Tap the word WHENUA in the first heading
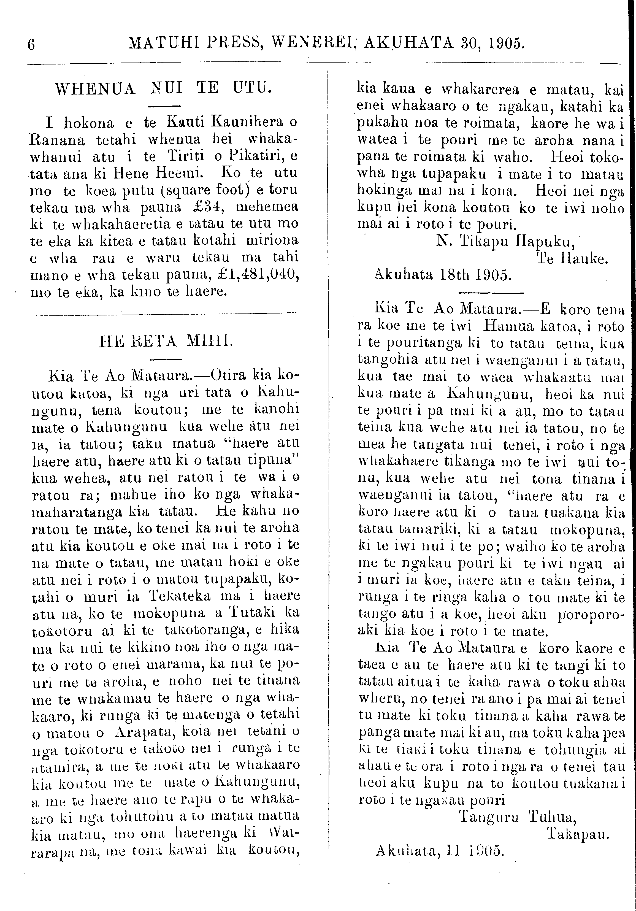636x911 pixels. tap(95, 88)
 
